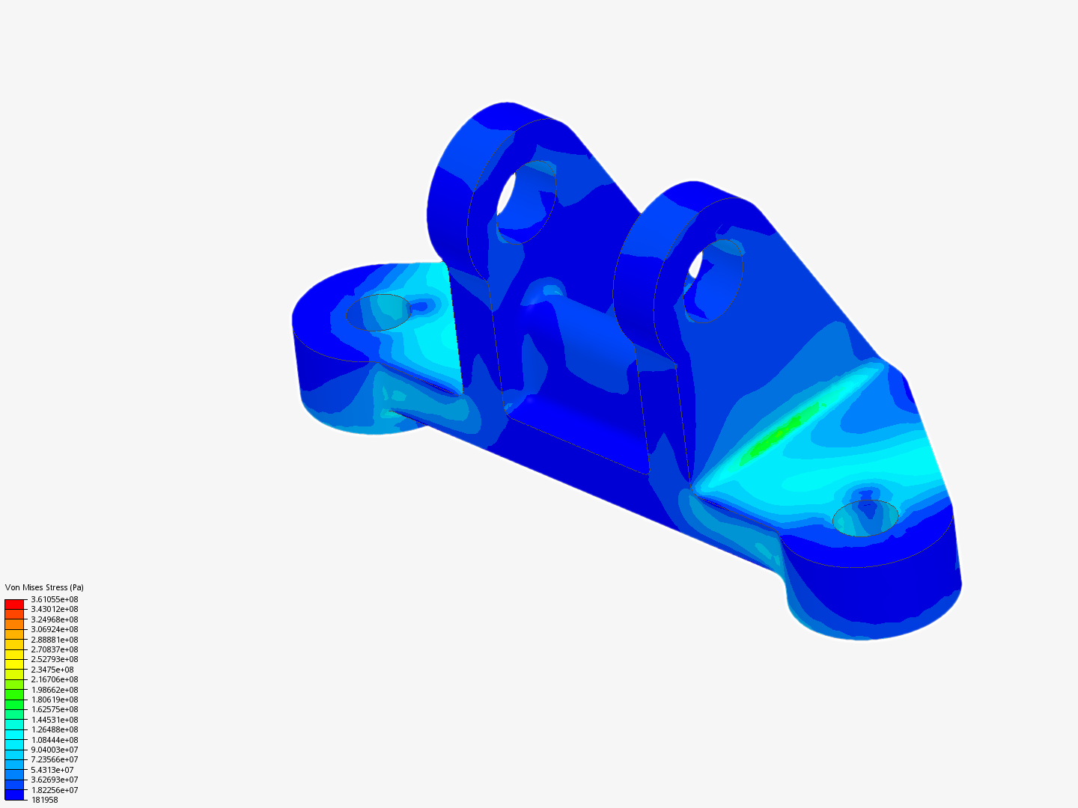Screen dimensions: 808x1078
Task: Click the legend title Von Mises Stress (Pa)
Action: [44, 587]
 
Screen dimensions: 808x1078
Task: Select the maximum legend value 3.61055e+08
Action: [55, 599]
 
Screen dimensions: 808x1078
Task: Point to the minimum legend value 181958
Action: [45, 800]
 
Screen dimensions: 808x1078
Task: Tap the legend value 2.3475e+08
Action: [52, 670]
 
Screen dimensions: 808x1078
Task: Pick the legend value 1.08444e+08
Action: [55, 740]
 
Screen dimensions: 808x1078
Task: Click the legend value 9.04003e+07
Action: [55, 750]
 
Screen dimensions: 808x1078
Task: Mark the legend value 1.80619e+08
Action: [55, 700]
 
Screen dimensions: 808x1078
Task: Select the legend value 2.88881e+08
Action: [55, 640]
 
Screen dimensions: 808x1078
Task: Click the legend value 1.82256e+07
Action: [55, 790]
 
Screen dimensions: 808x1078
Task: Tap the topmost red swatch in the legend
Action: [14, 604]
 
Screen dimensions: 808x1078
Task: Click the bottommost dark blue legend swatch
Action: [14, 795]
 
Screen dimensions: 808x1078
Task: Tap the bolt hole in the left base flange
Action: [378, 312]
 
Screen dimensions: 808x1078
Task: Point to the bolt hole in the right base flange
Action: [865, 518]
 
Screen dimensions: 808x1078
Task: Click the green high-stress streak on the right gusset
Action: [782, 430]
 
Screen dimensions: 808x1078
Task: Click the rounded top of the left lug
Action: [509, 112]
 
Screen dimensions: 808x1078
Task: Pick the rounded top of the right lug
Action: [696, 191]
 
